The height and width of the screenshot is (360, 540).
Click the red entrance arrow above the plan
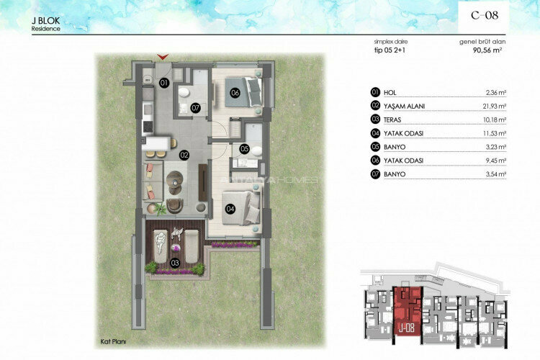click(x=164, y=55)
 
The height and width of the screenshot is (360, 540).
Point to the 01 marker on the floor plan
click(x=163, y=83)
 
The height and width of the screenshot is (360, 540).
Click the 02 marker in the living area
click(x=184, y=154)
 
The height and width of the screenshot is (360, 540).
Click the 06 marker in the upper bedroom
click(x=235, y=92)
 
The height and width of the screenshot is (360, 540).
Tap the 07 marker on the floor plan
click(x=195, y=108)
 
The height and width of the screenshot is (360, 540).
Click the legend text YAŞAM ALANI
click(x=405, y=107)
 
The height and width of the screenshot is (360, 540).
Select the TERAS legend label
click(x=395, y=120)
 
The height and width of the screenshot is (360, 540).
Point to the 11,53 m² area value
click(x=495, y=134)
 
